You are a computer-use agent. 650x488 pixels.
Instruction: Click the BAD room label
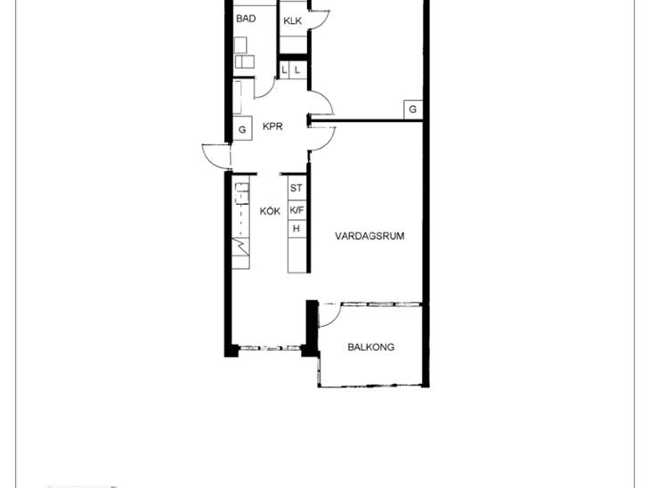pos(246,19)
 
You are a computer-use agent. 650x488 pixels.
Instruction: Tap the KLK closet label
pos(293,21)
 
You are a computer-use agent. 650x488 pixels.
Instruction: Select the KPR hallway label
pos(272,126)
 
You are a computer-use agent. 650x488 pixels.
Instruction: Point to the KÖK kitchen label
pos(271,211)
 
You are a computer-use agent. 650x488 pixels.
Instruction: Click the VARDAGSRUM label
pos(370,236)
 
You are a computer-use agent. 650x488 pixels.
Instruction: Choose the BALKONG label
pos(371,347)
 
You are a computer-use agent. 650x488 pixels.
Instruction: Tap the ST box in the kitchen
pos(297,188)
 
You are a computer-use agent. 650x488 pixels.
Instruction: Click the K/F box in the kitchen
pos(297,210)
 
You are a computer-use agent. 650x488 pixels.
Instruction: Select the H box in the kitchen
pos(297,229)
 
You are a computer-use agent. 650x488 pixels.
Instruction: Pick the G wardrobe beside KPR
pos(242,129)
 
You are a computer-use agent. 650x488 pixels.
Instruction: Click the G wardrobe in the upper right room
pos(413,110)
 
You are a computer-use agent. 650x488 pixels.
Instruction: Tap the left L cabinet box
pos(284,70)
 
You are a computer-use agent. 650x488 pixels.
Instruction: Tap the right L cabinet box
pos(297,70)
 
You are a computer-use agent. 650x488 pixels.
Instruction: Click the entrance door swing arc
pos(207,159)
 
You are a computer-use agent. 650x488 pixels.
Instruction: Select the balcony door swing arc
pos(335,319)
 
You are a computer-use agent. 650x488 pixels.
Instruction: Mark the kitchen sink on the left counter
pos(242,193)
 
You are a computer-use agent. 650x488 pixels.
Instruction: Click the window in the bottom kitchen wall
pos(270,347)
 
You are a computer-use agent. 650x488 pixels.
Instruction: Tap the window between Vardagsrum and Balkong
pos(381,305)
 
